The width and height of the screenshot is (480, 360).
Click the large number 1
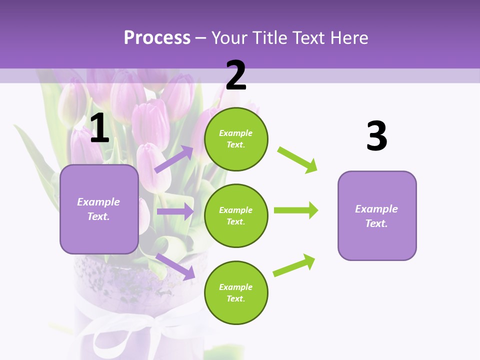tap(99, 128)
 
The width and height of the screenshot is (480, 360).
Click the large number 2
tap(236, 75)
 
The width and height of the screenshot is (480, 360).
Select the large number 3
tap(376, 136)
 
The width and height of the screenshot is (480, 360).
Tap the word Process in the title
tap(157, 37)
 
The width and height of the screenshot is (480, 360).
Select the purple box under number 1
tap(99, 209)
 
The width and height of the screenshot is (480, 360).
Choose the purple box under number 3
tap(377, 216)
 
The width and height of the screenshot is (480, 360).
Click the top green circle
tap(236, 139)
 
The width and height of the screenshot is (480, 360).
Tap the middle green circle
tap(236, 216)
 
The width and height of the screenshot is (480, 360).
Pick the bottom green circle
tap(236, 293)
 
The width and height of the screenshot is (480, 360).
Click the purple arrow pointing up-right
tap(174, 159)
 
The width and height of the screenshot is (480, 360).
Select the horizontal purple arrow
tap(175, 211)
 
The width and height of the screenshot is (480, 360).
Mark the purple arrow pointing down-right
tap(175, 266)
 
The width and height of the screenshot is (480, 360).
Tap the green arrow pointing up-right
tap(294, 265)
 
